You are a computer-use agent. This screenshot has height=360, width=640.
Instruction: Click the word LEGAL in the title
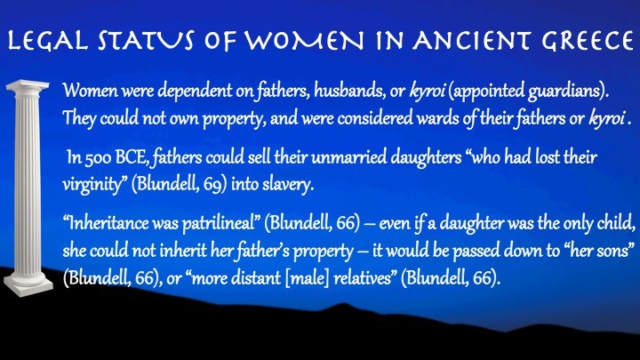coord(48,41)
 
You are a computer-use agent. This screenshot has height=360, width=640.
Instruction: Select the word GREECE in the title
coord(587,41)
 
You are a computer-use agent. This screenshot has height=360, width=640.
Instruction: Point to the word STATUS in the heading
coord(146,41)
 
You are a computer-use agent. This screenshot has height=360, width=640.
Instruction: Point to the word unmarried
coord(348,157)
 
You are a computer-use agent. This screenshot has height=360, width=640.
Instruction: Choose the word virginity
coord(92,185)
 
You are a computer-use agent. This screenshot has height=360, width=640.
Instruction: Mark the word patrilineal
coord(219,224)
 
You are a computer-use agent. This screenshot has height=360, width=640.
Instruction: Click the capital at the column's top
coord(28,86)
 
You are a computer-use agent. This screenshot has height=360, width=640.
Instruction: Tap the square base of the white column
coord(28,287)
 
